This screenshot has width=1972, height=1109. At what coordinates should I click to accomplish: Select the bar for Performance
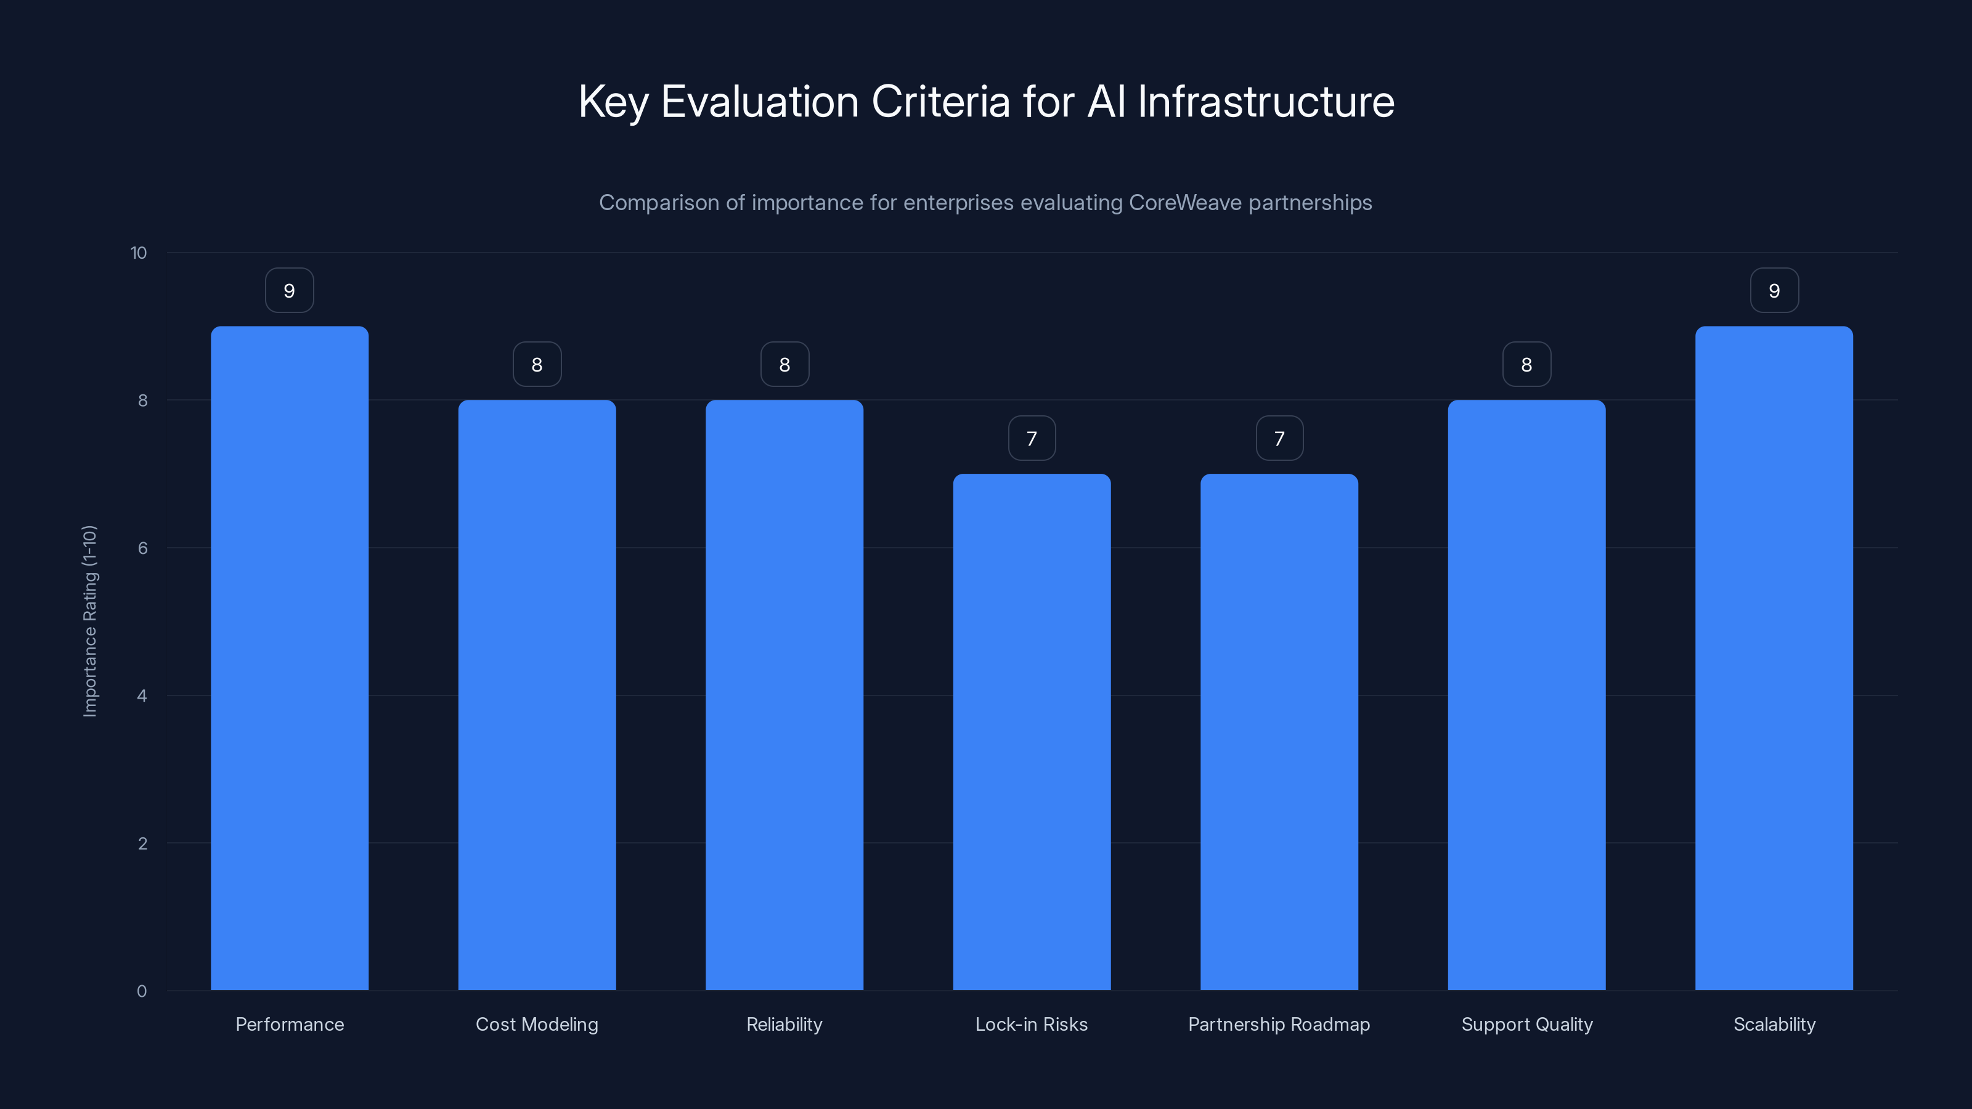point(290,658)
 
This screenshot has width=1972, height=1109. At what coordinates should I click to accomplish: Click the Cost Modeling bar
point(537,695)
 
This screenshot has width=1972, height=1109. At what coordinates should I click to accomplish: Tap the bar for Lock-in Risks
point(1031,732)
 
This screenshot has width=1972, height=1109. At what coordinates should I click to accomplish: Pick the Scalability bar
point(1774,658)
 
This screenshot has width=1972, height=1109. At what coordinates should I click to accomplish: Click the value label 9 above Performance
point(290,291)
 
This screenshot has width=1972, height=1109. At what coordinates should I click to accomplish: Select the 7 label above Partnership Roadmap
point(1279,439)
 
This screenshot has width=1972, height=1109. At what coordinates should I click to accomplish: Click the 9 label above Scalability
point(1774,291)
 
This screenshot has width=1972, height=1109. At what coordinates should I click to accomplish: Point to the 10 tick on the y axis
point(139,253)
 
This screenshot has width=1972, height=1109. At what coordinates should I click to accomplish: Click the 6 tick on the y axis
point(142,548)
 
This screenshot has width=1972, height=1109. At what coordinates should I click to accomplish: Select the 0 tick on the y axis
point(142,991)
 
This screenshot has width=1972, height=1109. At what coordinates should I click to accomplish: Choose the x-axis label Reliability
point(784,1024)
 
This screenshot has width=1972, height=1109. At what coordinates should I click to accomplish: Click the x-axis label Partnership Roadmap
point(1279,1024)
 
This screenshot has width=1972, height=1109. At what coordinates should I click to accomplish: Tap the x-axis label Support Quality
point(1526,1024)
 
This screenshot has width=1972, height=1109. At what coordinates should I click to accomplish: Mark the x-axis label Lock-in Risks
point(1031,1024)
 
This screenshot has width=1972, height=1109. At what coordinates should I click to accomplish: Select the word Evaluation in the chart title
point(759,102)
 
